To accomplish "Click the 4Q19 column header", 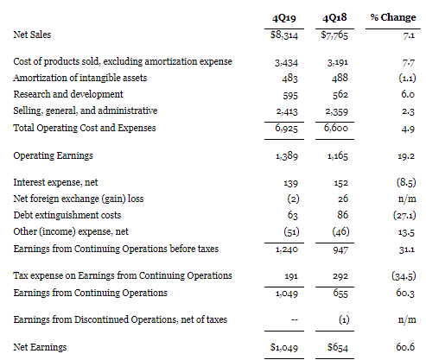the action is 284,18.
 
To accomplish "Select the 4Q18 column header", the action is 334,18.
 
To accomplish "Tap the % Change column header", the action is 393,17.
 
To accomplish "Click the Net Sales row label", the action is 32,35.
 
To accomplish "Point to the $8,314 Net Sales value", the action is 284,35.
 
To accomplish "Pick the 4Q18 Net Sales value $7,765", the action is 334,35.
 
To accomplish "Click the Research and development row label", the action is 68,94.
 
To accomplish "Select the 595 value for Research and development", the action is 290,95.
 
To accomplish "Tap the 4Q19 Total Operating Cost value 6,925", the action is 286,128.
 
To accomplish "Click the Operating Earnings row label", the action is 54,155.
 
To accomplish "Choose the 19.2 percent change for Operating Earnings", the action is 406,156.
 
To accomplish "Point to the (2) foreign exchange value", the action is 293,199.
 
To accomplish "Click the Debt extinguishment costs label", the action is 67,215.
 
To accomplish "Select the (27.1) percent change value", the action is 404,215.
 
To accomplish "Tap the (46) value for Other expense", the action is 340,231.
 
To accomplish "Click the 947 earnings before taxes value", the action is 340,249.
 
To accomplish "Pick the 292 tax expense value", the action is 340,276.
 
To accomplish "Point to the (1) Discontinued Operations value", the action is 344,319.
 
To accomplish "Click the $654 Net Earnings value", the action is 338,347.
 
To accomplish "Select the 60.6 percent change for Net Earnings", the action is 405,347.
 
